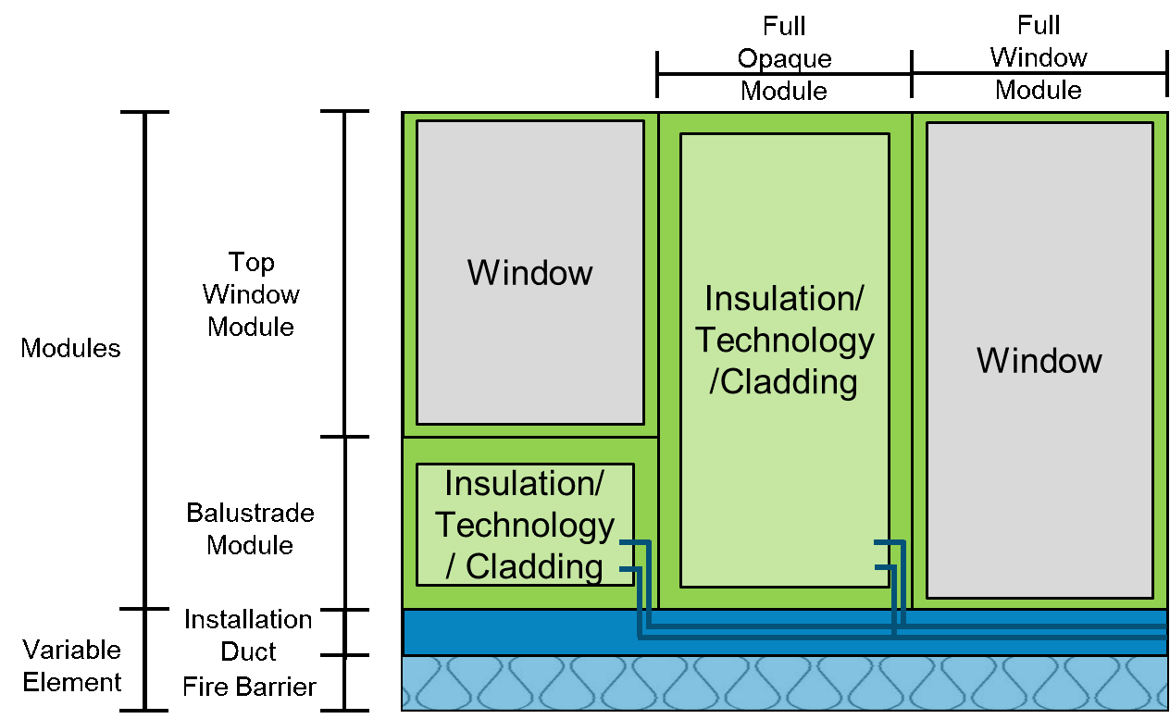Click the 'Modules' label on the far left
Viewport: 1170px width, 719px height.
click(x=70, y=349)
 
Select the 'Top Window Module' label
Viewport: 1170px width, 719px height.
click(x=251, y=294)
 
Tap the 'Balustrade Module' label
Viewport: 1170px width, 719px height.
click(x=250, y=528)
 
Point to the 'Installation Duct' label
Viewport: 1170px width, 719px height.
click(x=248, y=635)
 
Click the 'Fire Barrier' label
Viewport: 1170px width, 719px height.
click(x=249, y=687)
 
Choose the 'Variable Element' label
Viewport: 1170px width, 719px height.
click(x=72, y=665)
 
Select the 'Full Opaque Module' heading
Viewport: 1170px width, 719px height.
click(x=784, y=58)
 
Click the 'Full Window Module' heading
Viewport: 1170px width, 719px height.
click(x=1039, y=57)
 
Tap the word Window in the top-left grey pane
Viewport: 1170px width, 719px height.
click(x=529, y=273)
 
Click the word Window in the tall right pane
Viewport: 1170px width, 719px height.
click(x=1039, y=360)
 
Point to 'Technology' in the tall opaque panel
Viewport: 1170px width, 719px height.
click(x=784, y=341)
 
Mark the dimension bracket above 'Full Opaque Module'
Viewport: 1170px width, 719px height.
click(x=784, y=75)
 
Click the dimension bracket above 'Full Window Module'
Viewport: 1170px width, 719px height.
click(x=1039, y=75)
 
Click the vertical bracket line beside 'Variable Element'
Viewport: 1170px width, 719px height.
click(x=145, y=660)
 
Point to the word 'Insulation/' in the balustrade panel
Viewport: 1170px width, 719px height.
click(x=524, y=483)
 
